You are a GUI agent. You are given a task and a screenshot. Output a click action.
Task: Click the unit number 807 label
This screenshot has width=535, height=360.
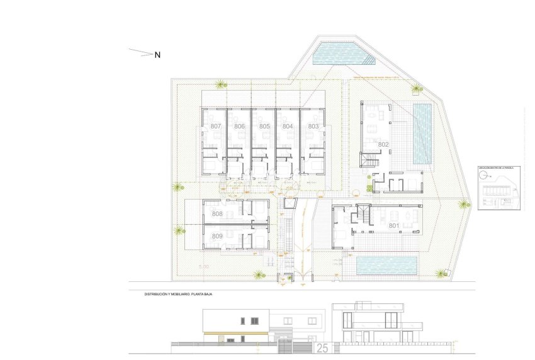pyautogui.click(x=216, y=127)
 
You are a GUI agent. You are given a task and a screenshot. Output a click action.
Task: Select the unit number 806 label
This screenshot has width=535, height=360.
pyautogui.click(x=239, y=127)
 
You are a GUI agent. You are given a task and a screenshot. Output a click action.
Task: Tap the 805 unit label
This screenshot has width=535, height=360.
pyautogui.click(x=264, y=127)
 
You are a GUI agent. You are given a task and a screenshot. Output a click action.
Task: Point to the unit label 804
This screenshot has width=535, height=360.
pyautogui.click(x=288, y=127)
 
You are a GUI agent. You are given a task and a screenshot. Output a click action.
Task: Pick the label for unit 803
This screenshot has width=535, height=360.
pyautogui.click(x=313, y=127)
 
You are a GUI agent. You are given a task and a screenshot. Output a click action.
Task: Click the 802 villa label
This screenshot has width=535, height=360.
pyautogui.click(x=384, y=145)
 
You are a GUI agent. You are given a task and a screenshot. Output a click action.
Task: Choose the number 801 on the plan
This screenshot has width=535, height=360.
pyautogui.click(x=394, y=225)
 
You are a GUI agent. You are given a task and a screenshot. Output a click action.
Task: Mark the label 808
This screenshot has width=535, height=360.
pyautogui.click(x=217, y=214)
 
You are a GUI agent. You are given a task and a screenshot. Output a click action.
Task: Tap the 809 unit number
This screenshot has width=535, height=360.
pyautogui.click(x=217, y=236)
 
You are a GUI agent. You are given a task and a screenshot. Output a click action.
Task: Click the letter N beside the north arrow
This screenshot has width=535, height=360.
pyautogui.click(x=158, y=55)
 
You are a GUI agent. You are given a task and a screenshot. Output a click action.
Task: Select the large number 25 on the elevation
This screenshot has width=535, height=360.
pyautogui.click(x=322, y=347)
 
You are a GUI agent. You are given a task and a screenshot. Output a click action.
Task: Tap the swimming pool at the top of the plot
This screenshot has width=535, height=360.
pyautogui.click(x=343, y=54)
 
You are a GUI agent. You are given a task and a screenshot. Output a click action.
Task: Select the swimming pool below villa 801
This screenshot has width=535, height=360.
pyautogui.click(x=386, y=265)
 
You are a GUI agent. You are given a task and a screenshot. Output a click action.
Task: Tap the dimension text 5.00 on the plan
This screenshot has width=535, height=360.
pyautogui.click(x=203, y=267)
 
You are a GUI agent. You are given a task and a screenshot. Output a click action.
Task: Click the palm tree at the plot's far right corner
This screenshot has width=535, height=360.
pyautogui.click(x=463, y=204)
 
